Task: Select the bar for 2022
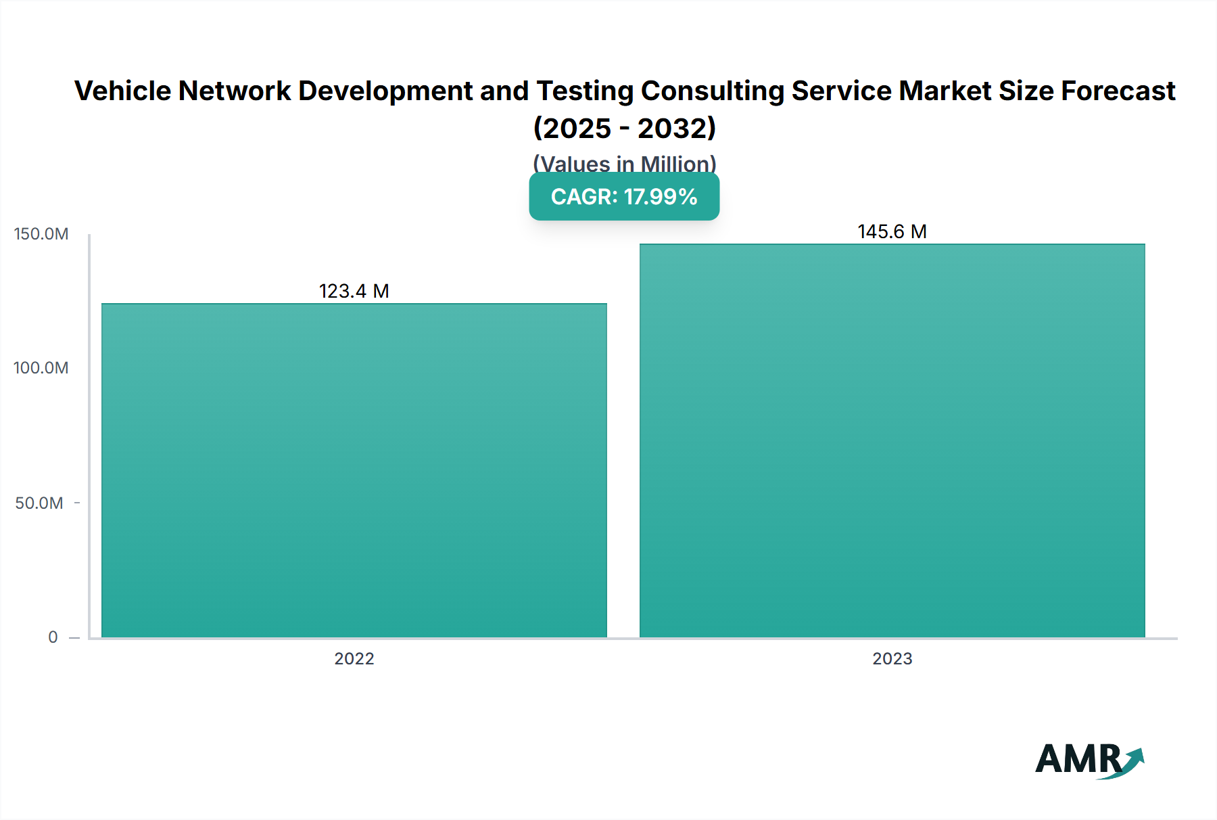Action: click(x=354, y=470)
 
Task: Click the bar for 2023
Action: click(x=892, y=440)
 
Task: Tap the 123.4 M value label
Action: click(x=354, y=291)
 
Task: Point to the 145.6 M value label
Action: click(x=892, y=231)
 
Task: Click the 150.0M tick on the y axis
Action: click(x=41, y=234)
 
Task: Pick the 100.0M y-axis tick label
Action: click(x=41, y=368)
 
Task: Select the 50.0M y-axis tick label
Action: click(x=39, y=503)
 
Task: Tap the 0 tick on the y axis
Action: click(x=53, y=637)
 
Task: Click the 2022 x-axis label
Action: click(x=354, y=658)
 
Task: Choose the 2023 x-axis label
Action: click(x=892, y=658)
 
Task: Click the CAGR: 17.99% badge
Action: click(x=623, y=197)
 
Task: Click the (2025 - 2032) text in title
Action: click(x=624, y=128)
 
